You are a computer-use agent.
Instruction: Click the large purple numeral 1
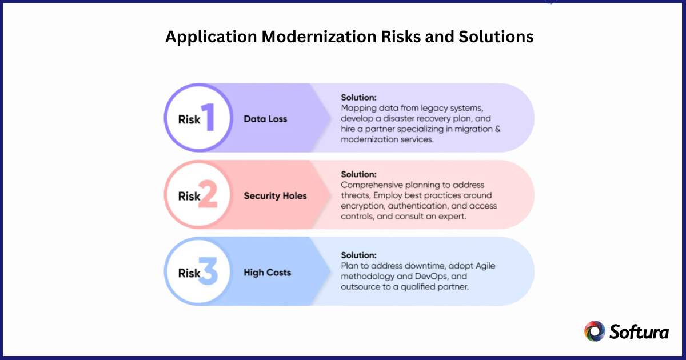(x=208, y=118)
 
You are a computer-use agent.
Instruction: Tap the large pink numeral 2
(x=208, y=195)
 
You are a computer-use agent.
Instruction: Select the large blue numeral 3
(x=208, y=273)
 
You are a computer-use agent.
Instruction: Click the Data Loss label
(x=265, y=119)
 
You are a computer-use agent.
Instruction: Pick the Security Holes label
(x=275, y=195)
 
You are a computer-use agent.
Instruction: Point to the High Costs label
(x=267, y=273)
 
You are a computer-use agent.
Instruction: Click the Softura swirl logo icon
(x=595, y=331)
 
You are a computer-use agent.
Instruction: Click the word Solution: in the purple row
(x=359, y=97)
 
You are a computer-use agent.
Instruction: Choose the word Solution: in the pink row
(x=359, y=174)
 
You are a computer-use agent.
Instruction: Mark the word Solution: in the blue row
(x=359, y=255)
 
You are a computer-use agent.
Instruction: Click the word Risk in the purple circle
(x=189, y=120)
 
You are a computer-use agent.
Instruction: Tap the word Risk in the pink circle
(x=189, y=197)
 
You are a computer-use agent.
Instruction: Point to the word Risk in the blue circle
(x=189, y=274)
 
